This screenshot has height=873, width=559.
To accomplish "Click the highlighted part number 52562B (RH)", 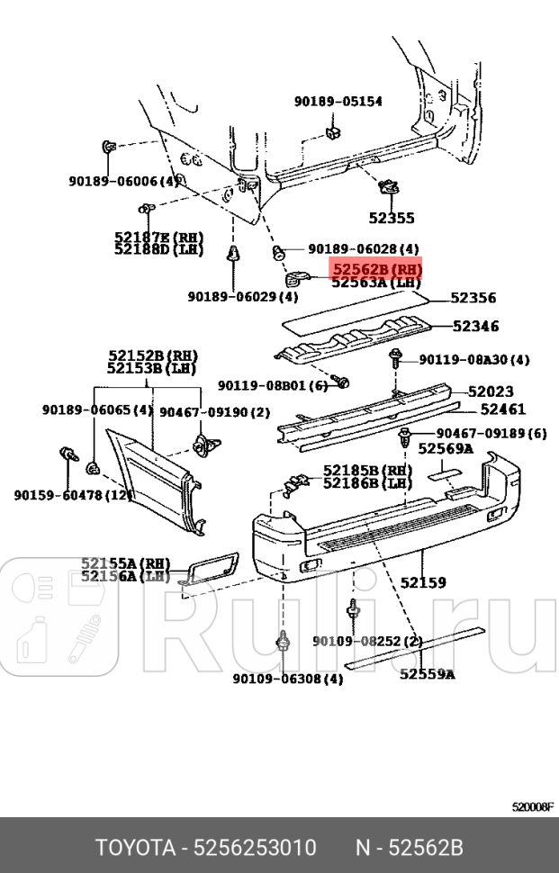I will click(x=376, y=269).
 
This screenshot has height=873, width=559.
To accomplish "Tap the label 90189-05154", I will click(x=338, y=102).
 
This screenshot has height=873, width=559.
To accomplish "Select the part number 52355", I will click(x=392, y=218).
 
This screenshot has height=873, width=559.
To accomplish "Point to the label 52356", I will click(x=473, y=298).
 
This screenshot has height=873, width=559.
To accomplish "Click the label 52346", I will click(x=475, y=327).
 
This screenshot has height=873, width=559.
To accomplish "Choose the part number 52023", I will click(x=491, y=391).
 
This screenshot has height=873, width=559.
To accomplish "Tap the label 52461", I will click(x=502, y=409).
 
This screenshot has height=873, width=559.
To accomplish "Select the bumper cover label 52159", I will click(x=423, y=582).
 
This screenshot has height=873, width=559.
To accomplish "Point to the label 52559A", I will click(x=427, y=673).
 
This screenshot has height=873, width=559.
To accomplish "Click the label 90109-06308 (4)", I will click(x=287, y=679).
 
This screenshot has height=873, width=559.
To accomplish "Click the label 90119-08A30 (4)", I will click(x=473, y=360).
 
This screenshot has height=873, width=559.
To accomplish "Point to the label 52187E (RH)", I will click(x=158, y=237).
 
